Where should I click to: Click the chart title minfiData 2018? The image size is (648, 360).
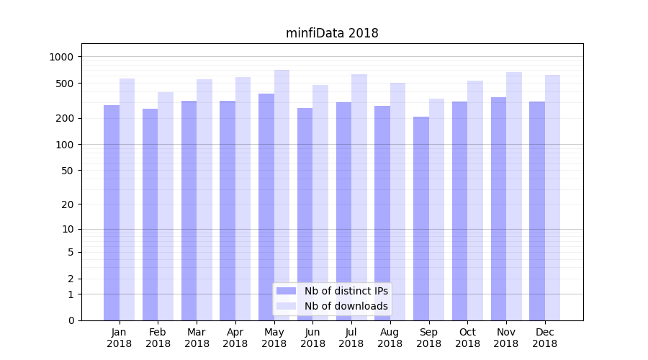[x=332, y=33]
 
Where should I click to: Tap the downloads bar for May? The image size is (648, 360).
[x=282, y=194]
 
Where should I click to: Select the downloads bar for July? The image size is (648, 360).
[x=359, y=197]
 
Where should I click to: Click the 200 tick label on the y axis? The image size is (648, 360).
[x=66, y=118]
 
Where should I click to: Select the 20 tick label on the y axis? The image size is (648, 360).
[x=68, y=204]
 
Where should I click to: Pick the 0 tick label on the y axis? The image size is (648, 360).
[x=71, y=320]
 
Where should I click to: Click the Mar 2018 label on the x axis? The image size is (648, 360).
[x=197, y=338]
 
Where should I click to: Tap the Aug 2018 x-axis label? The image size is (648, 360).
[x=390, y=338]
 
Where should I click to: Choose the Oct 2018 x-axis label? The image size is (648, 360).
[x=467, y=338]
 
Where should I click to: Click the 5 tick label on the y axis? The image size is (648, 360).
[x=71, y=252]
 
